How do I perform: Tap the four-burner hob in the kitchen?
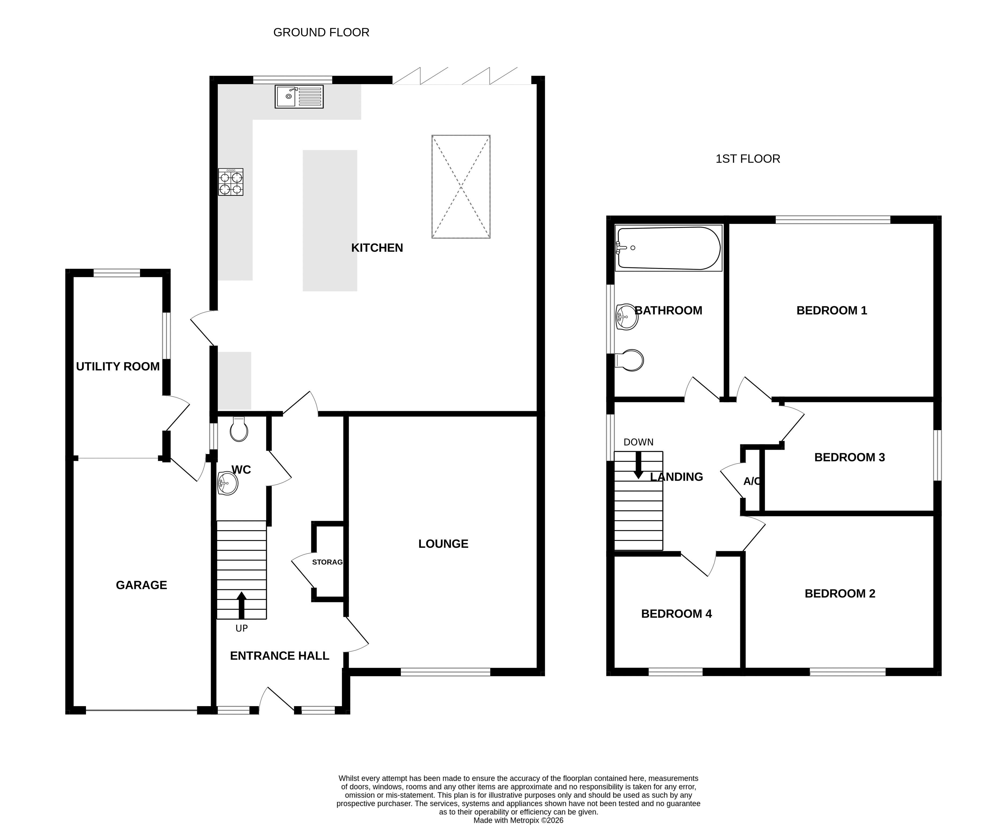[231, 182]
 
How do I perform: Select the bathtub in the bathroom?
[668, 248]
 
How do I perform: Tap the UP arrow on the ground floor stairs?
[242, 605]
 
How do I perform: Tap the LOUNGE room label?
[443, 544]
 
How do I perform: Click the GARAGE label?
[142, 585]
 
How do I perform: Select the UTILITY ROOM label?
[118, 366]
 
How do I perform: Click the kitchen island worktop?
[330, 220]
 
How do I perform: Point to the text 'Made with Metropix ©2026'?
[518, 820]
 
